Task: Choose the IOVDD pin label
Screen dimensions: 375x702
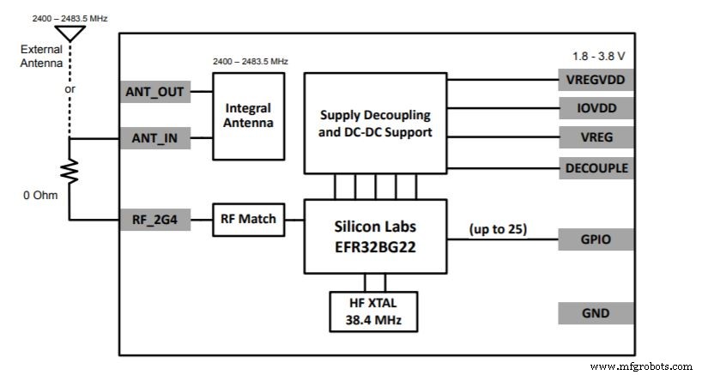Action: [596, 108]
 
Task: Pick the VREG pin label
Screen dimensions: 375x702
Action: [596, 137]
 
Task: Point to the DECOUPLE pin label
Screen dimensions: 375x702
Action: [596, 167]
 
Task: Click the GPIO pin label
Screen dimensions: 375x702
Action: [596, 239]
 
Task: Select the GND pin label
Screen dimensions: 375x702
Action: [596, 313]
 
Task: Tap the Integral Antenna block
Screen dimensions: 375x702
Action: [248, 116]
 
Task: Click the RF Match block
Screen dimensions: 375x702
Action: [248, 220]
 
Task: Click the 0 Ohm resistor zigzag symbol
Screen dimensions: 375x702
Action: [70, 173]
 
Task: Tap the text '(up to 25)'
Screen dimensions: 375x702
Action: [497, 229]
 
